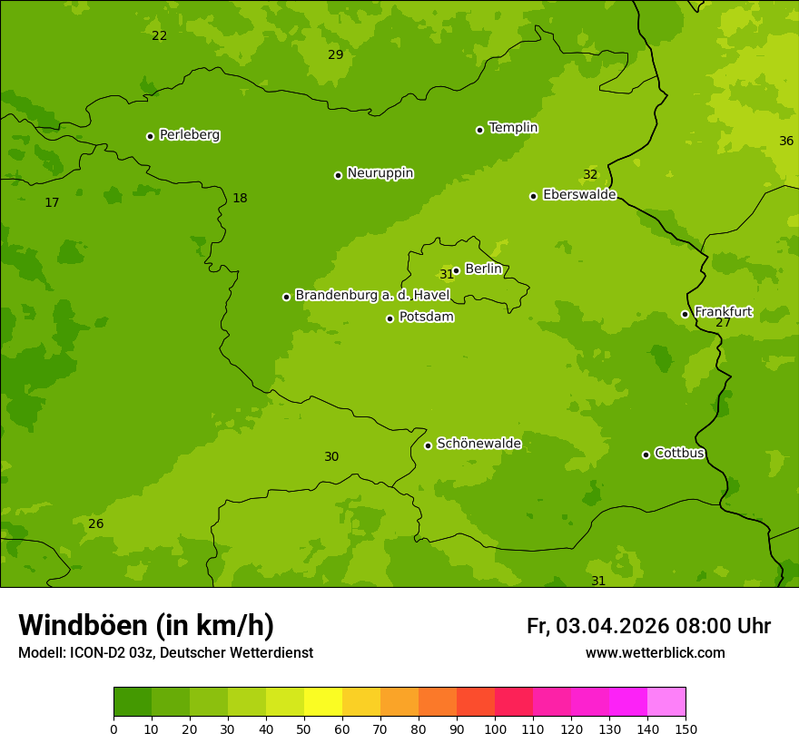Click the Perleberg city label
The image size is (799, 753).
pyautogui.click(x=189, y=135)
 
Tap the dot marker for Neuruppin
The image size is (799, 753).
pyautogui.click(x=338, y=175)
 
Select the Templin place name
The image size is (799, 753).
pyautogui.click(x=513, y=128)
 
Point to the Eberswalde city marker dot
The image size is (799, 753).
pyautogui.click(x=534, y=196)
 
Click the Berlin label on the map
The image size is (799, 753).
pyautogui.click(x=483, y=269)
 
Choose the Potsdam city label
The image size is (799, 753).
pyautogui.click(x=426, y=318)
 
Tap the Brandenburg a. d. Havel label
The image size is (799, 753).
pyautogui.click(x=372, y=296)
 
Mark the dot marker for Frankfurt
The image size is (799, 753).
pyautogui.click(x=686, y=314)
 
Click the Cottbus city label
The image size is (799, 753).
pyautogui.click(x=679, y=454)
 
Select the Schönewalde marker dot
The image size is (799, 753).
pyautogui.click(x=428, y=445)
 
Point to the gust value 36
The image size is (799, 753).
pyautogui.click(x=786, y=141)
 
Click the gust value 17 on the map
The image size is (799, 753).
pyautogui.click(x=52, y=203)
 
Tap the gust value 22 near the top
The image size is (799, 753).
pyautogui.click(x=159, y=36)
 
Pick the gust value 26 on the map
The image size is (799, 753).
pyautogui.click(x=95, y=524)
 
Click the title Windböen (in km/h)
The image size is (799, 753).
pyautogui.click(x=146, y=625)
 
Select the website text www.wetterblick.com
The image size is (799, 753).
pyautogui.click(x=655, y=653)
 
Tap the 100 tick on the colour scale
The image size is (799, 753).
pyautogui.click(x=495, y=729)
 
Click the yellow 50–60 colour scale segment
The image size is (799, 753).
pyautogui.click(x=323, y=702)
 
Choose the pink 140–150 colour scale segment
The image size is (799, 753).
pyautogui.click(x=666, y=702)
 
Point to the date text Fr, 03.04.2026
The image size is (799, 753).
pyautogui.click(x=597, y=626)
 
